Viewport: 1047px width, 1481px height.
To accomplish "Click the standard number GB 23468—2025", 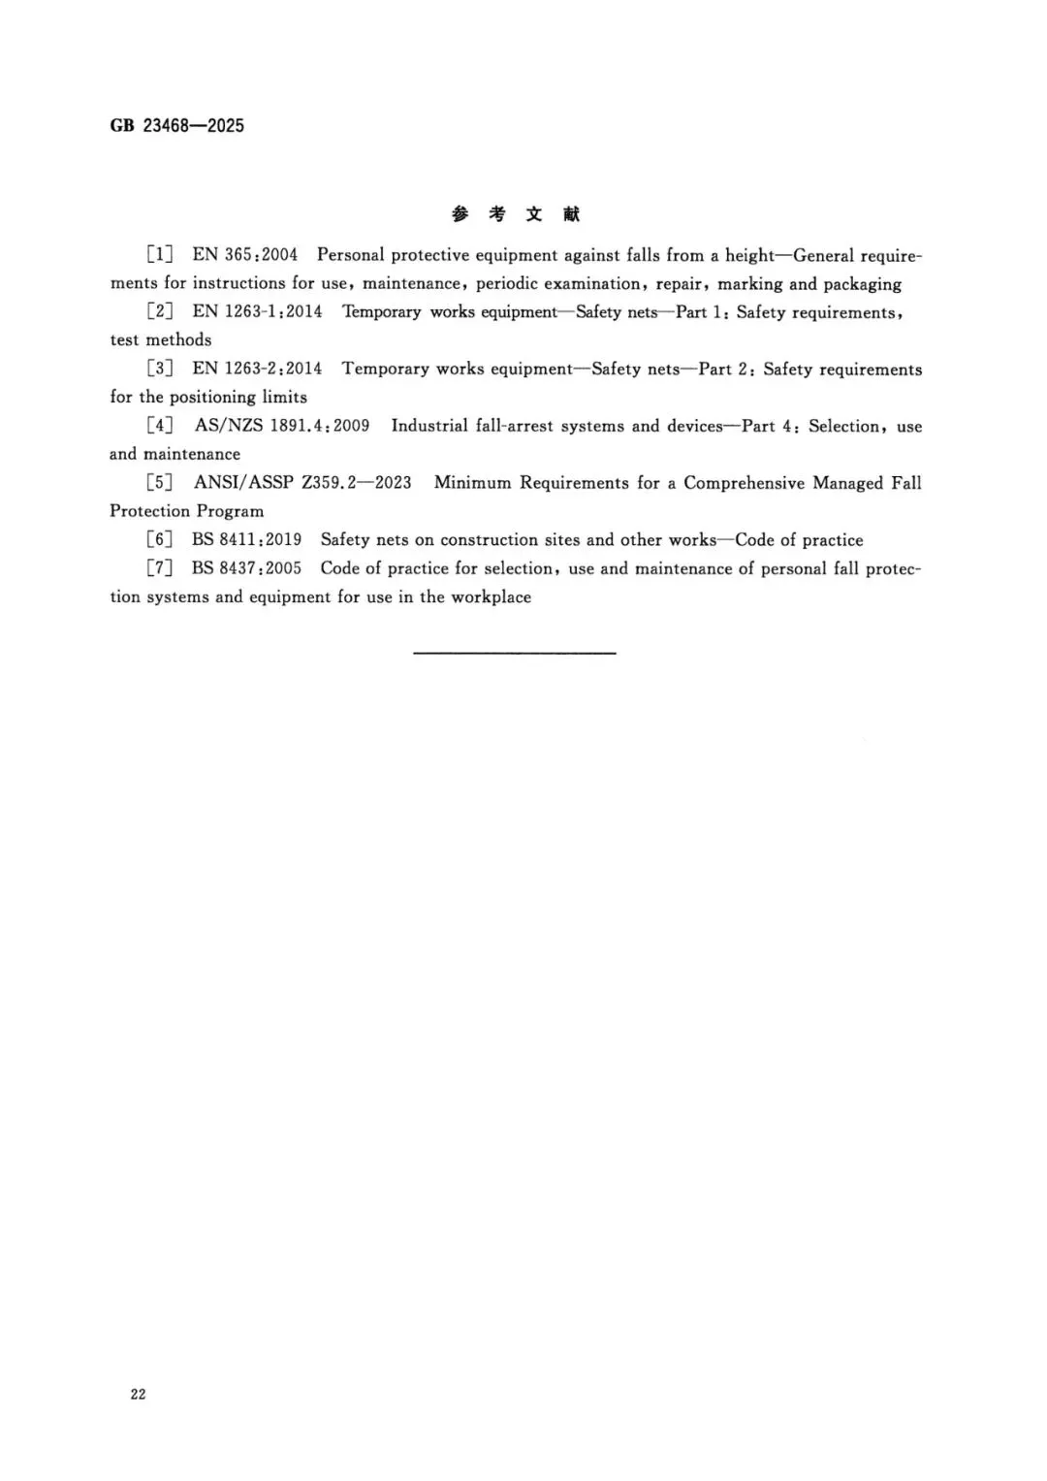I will click(x=176, y=125).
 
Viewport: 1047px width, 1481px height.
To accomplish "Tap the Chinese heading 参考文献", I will click(x=515, y=214).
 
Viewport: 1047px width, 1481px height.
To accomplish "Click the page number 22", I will click(x=138, y=1394).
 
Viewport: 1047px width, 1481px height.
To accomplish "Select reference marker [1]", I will click(x=159, y=255).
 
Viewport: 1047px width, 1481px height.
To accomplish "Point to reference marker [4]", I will click(x=159, y=426).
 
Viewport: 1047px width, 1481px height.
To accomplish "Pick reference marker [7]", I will click(x=159, y=568).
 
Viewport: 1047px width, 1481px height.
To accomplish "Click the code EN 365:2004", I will click(x=245, y=255).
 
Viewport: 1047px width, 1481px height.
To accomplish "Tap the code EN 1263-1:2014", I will click(x=257, y=312).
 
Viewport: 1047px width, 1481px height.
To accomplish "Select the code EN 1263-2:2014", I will click(x=257, y=369).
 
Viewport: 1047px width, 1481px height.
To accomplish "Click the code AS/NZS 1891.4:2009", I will click(x=282, y=426).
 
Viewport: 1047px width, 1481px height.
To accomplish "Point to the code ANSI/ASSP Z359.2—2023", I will click(x=302, y=483).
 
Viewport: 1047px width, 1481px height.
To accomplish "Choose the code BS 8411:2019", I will click(x=246, y=540).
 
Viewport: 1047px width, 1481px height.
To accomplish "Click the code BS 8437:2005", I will click(x=246, y=568).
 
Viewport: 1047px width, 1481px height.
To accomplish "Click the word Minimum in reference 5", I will click(x=472, y=483).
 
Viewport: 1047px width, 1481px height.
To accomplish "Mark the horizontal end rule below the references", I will click(x=514, y=653).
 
